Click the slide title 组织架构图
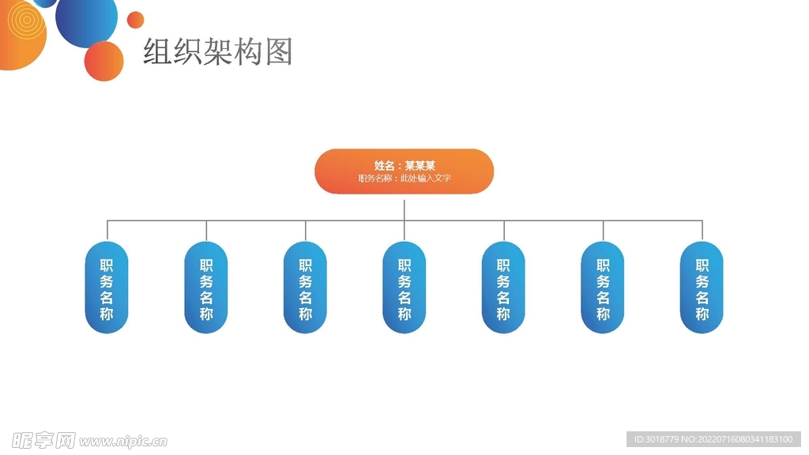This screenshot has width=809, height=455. pos(217,51)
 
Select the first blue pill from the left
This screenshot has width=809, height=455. pos(107,288)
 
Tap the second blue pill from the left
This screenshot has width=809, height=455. pos(206,288)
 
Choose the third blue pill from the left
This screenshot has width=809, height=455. pos(305,288)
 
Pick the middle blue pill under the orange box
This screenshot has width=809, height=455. pos(404,288)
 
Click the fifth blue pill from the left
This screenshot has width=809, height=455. pos(503,288)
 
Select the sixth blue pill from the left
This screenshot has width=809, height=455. pos(603,288)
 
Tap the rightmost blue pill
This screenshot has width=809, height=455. pos(702,288)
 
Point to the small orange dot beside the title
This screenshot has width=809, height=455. pos(136,20)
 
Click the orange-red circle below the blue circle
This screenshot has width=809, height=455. pos(103,61)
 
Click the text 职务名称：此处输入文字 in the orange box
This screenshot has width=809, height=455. pos(404,179)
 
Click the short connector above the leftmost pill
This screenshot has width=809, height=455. pos(107,231)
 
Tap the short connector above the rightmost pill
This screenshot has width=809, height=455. pos(702,231)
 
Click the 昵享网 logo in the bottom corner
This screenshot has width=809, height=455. pos(43,440)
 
